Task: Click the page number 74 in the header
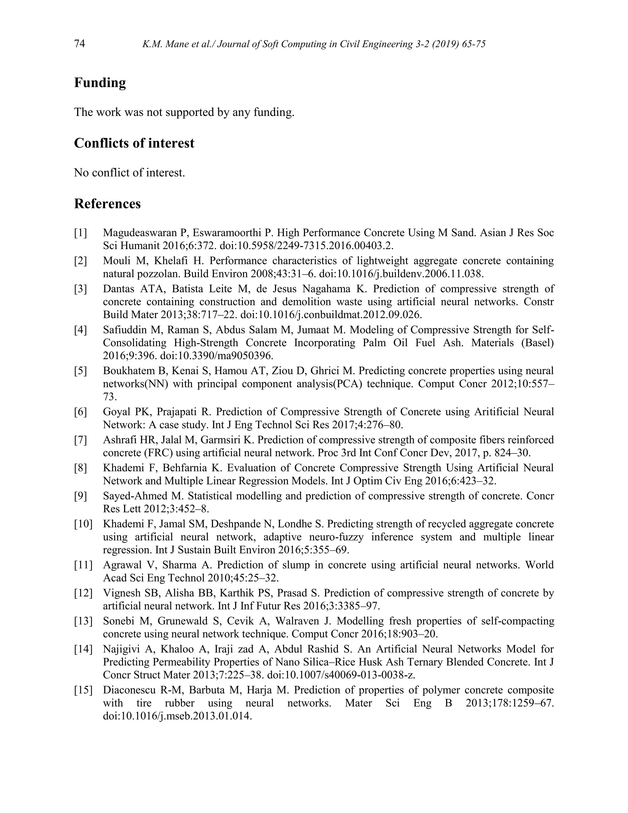[80, 44]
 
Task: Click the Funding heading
[100, 83]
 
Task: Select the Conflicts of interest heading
[134, 143]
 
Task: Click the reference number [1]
[80, 233]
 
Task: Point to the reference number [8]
[80, 468]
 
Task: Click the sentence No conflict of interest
[129, 173]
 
